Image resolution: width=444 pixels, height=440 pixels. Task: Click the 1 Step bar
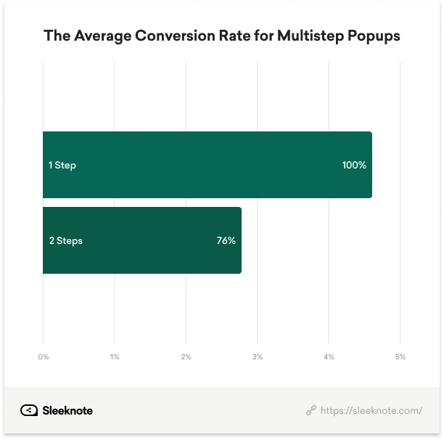pyautogui.click(x=207, y=165)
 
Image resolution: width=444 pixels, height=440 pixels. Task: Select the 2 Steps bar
pyautogui.click(x=141, y=240)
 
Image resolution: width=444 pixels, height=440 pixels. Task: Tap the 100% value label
pyautogui.click(x=354, y=166)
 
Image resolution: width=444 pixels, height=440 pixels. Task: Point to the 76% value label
pyautogui.click(x=226, y=241)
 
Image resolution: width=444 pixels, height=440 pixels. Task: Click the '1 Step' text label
pyautogui.click(x=62, y=166)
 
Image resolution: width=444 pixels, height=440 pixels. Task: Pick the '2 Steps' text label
pyautogui.click(x=65, y=241)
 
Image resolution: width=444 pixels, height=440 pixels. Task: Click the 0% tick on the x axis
pyautogui.click(x=44, y=357)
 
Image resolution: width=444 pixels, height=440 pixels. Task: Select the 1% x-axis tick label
pyautogui.click(x=115, y=357)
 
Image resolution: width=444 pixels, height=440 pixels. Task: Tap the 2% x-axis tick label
pyautogui.click(x=186, y=357)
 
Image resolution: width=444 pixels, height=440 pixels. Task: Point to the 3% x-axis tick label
pyautogui.click(x=258, y=357)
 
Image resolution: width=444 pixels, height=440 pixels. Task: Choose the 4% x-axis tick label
pyautogui.click(x=329, y=357)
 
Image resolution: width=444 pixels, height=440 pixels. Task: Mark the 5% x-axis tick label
pyautogui.click(x=400, y=357)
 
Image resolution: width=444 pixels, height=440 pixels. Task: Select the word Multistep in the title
pyautogui.click(x=309, y=36)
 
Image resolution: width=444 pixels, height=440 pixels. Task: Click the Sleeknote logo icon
pyautogui.click(x=29, y=410)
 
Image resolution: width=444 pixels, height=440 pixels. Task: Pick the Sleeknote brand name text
pyautogui.click(x=67, y=410)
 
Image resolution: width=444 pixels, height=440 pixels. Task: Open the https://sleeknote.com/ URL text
pyautogui.click(x=371, y=411)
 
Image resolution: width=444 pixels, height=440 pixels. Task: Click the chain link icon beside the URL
pyautogui.click(x=311, y=411)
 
